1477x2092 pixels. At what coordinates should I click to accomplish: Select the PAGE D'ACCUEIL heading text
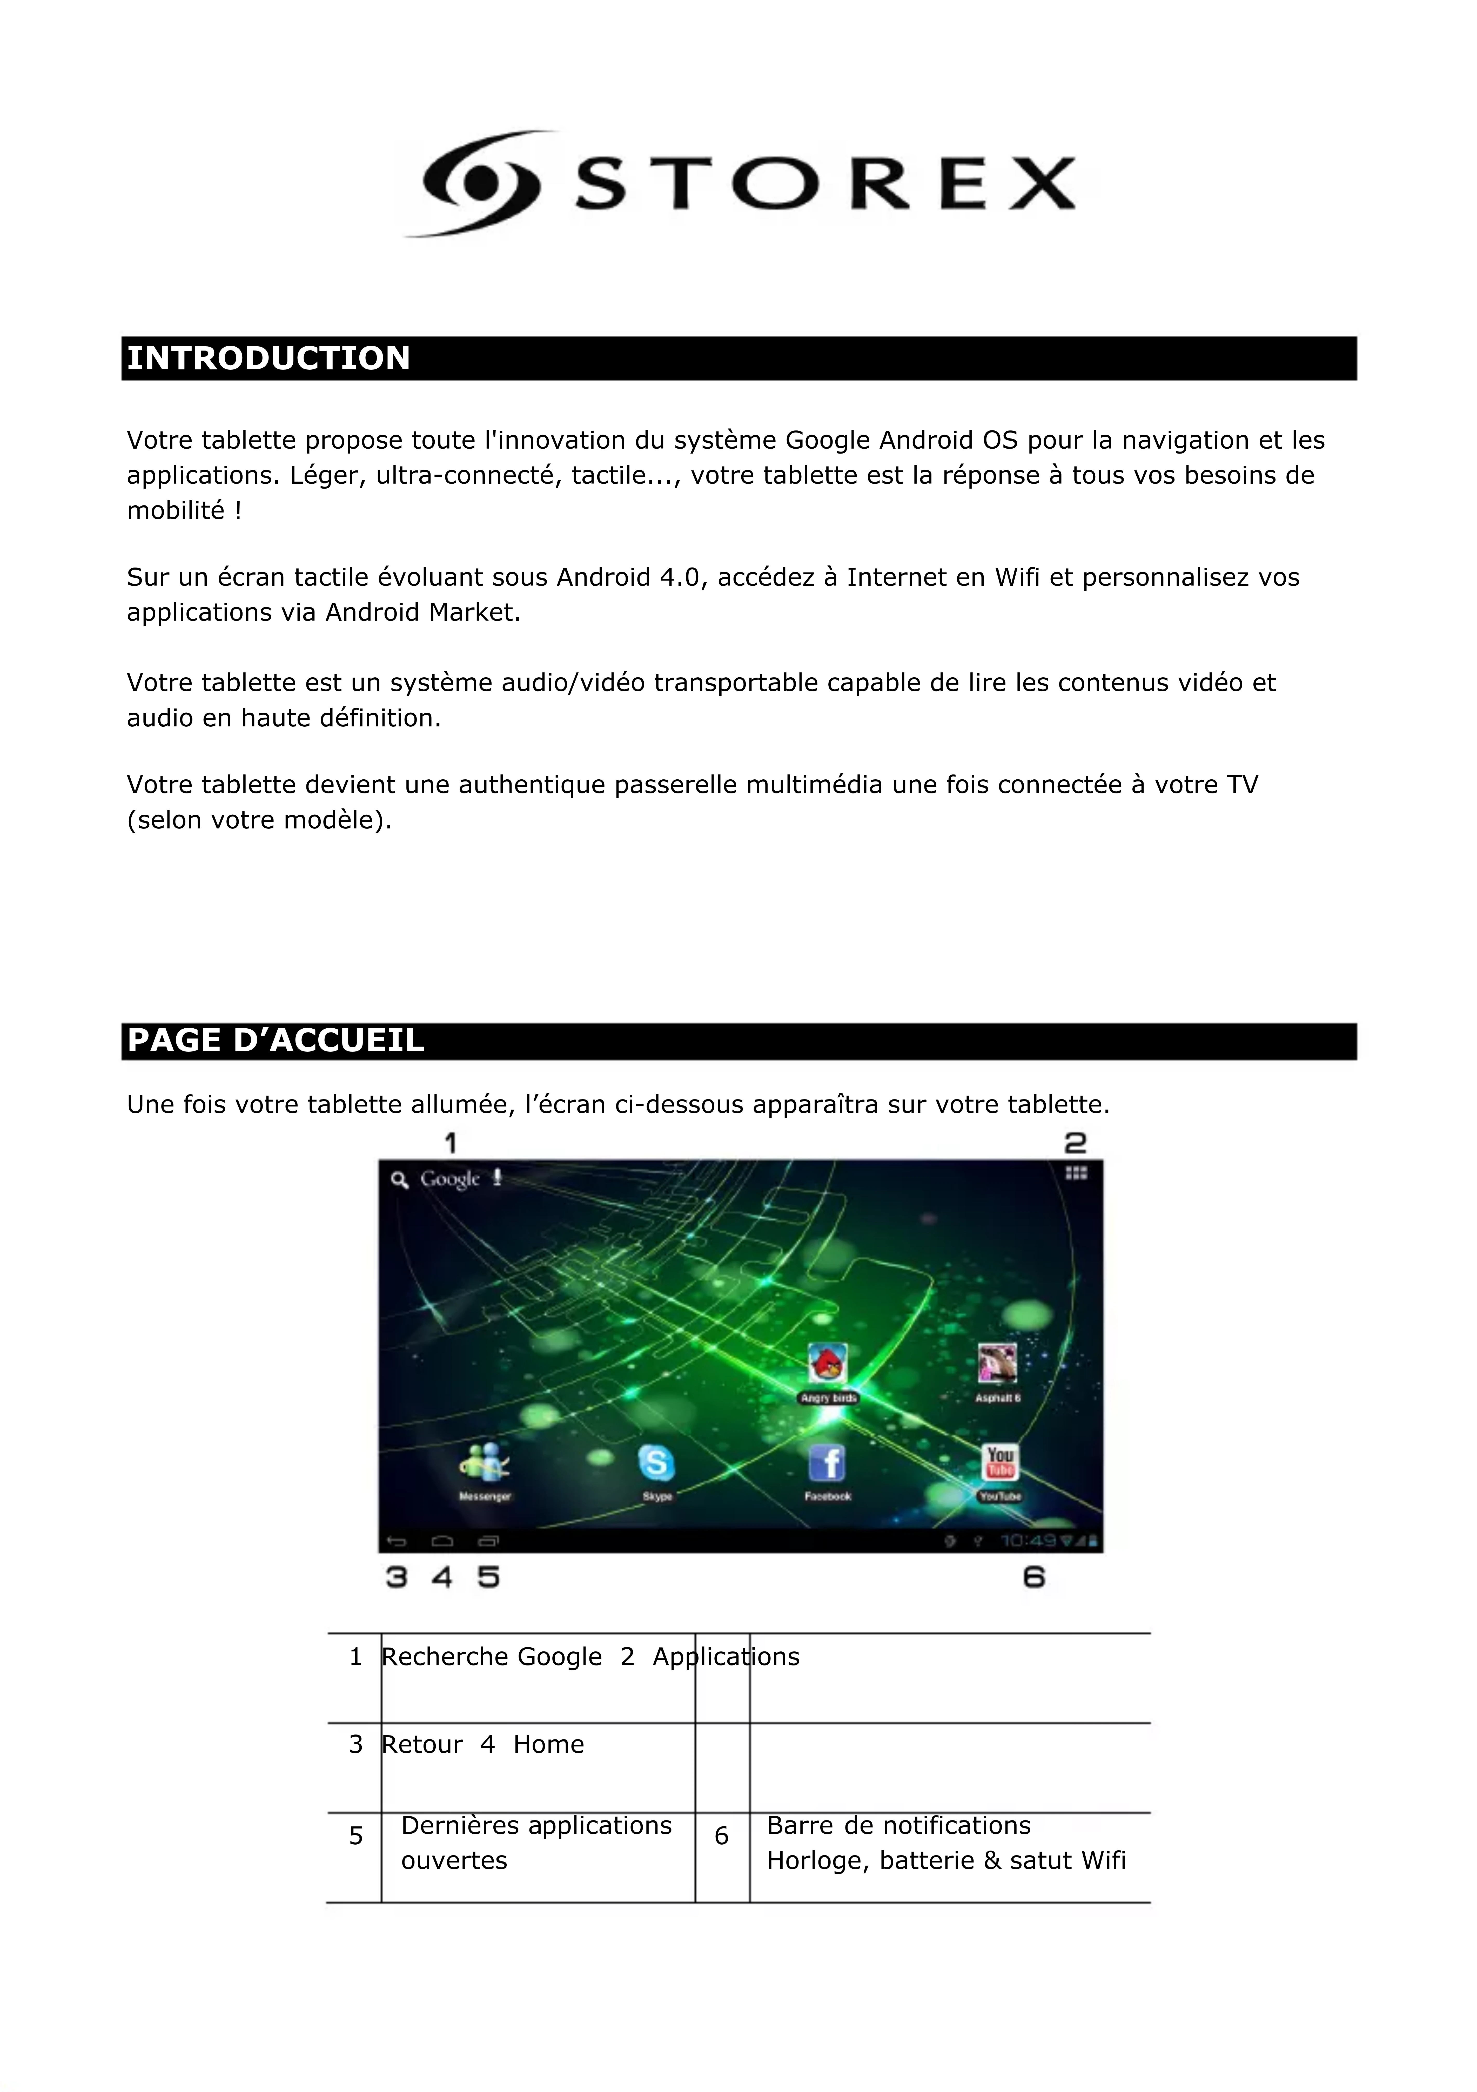(275, 1041)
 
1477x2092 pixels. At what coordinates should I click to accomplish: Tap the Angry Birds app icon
(827, 1364)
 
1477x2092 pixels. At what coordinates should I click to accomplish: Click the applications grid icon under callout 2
(1076, 1173)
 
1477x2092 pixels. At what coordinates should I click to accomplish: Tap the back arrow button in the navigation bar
(396, 1542)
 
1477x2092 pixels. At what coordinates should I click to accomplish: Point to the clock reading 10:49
(1028, 1541)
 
